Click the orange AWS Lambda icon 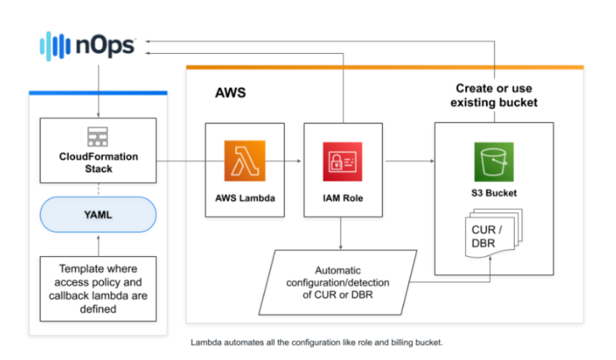pyautogui.click(x=244, y=162)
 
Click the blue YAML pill pyautogui.click(x=98, y=214)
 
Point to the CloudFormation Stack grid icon pyautogui.click(x=98, y=137)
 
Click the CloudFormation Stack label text pyautogui.click(x=98, y=162)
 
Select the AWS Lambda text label pyautogui.click(x=244, y=198)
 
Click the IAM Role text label pyautogui.click(x=343, y=198)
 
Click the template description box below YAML pyautogui.click(x=98, y=289)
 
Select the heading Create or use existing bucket pyautogui.click(x=493, y=96)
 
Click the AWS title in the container pyautogui.click(x=230, y=94)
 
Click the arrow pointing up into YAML pyautogui.click(x=98, y=244)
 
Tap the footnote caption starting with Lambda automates pyautogui.click(x=316, y=342)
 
